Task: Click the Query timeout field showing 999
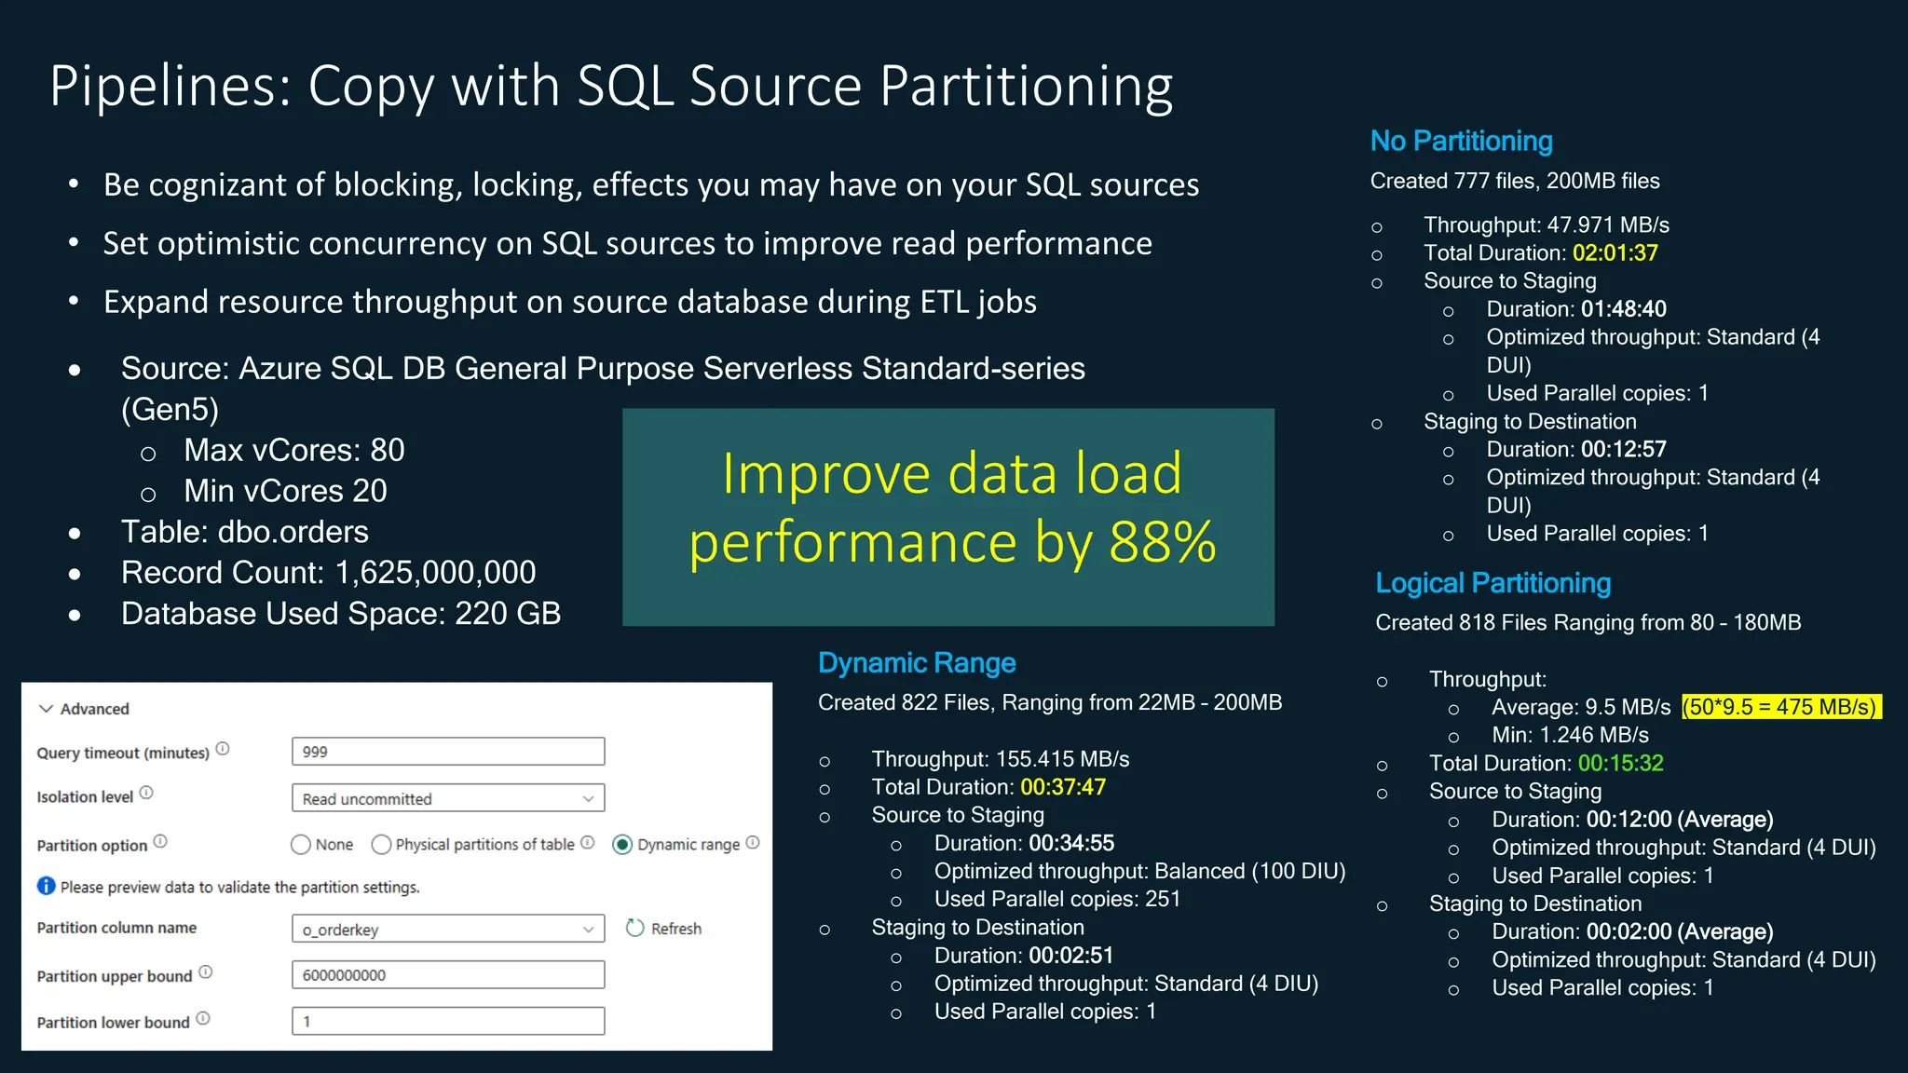447,752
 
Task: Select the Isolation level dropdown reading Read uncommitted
447,798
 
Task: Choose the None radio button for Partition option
301,845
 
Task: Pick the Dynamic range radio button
622,845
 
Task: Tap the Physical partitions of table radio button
381,845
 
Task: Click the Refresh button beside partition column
664,929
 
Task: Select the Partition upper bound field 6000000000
447,975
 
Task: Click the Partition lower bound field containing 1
447,1021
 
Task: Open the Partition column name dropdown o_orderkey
447,929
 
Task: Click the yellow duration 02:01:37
1615,253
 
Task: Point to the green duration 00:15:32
1620,764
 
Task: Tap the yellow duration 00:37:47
1062,787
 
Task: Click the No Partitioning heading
1461,142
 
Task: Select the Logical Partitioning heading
1492,583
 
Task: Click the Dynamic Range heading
916,663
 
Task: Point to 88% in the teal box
1162,542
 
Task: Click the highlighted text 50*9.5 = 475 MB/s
1780,707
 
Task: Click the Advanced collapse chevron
46,709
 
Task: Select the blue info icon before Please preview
47,886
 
